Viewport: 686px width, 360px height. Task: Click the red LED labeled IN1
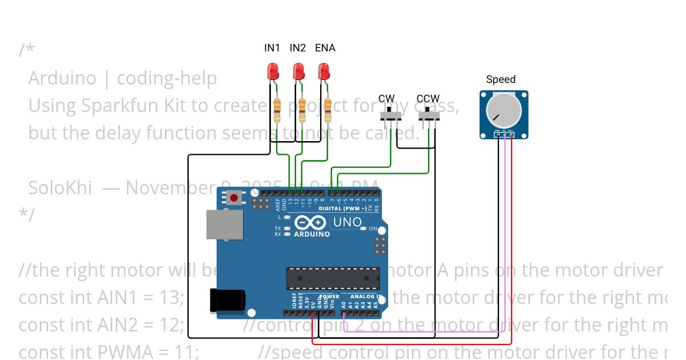click(x=273, y=72)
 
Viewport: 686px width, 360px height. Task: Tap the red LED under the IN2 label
click(x=298, y=72)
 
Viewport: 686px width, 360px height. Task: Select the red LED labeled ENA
click(x=324, y=72)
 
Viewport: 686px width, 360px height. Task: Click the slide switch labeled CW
click(x=390, y=115)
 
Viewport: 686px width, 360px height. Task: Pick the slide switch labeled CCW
click(x=429, y=115)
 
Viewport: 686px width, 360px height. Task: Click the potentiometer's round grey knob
click(x=504, y=111)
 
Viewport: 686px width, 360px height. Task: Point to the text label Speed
click(x=501, y=79)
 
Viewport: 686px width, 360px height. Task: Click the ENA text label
click(x=325, y=48)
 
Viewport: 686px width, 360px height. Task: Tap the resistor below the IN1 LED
click(x=278, y=110)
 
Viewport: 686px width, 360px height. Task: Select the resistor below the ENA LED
click(x=328, y=110)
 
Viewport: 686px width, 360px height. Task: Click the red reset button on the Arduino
click(x=233, y=198)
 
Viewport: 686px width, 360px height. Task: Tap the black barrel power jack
click(x=227, y=301)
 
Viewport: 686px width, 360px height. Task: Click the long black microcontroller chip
click(x=333, y=278)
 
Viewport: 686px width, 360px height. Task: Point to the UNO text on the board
click(x=348, y=222)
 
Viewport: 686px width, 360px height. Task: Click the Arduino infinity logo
click(x=312, y=223)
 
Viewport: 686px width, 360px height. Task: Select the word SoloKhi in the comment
click(x=60, y=187)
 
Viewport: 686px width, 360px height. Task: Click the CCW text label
click(x=428, y=99)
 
